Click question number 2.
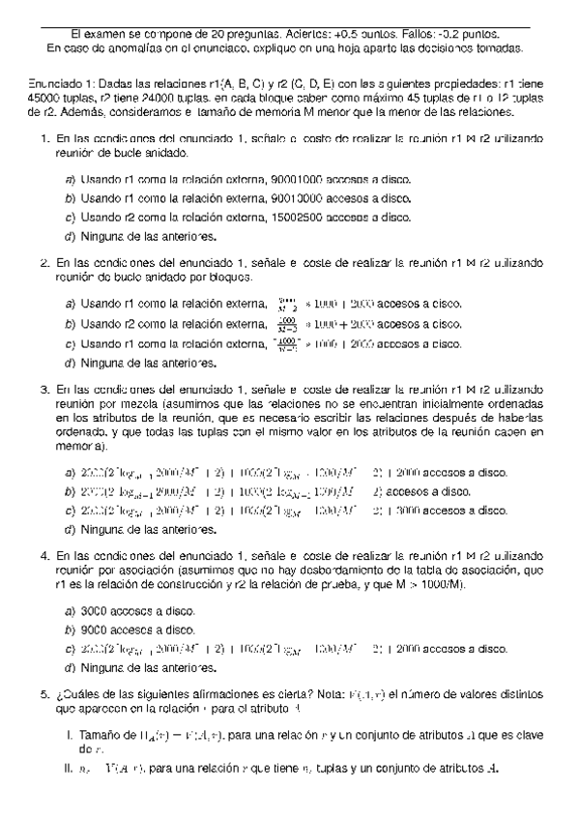click(44, 262)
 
